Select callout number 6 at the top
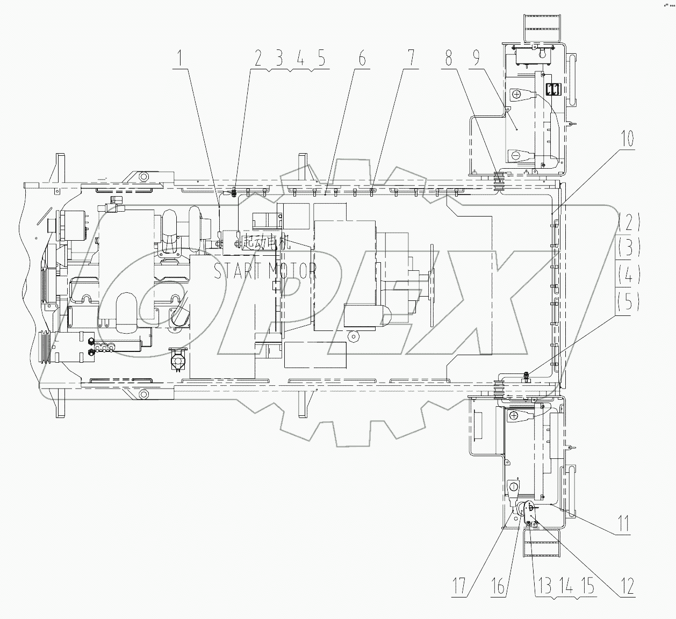(362, 59)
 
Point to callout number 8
(449, 59)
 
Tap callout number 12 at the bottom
(626, 585)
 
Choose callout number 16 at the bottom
(499, 585)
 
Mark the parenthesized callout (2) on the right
(629, 221)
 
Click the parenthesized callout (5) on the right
(629, 303)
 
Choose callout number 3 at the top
(279, 59)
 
